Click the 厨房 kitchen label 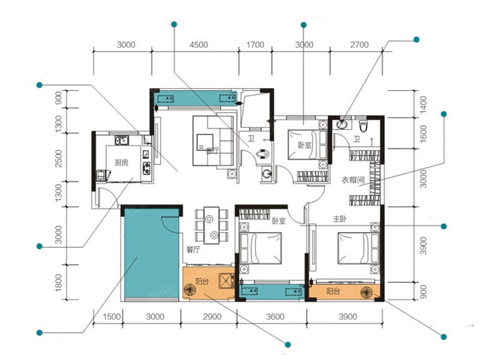[122, 163]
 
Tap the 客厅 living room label [212, 151]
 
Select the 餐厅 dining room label [193, 250]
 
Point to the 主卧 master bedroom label [340, 219]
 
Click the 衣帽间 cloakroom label [352, 180]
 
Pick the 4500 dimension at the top [199, 45]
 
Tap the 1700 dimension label [256, 45]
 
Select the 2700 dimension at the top [359, 45]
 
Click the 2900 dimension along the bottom [212, 317]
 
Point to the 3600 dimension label [275, 317]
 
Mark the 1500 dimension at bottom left [112, 317]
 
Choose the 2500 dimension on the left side [58, 158]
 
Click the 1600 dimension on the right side [423, 133]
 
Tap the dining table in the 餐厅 [212, 226]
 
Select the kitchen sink [122, 141]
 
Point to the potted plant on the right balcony [367, 292]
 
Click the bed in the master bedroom [359, 248]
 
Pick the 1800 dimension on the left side [58, 283]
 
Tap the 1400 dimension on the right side [423, 104]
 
